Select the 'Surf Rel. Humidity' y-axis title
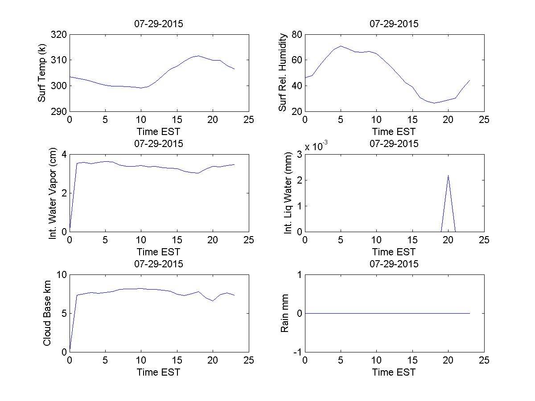pos(282,73)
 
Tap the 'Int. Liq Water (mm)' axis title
pos(288,193)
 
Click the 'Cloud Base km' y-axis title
pos(47,313)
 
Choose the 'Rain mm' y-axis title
pos(284,313)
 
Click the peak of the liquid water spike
pos(448,175)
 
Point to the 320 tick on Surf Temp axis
pos(59,35)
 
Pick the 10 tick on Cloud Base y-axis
pos(62,275)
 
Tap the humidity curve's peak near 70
pos(341,46)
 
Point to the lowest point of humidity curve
pos(434,103)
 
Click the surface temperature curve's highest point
pos(198,56)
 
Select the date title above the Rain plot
pos(394,264)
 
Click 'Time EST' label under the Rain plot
pos(394,372)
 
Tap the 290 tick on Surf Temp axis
pos(59,111)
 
